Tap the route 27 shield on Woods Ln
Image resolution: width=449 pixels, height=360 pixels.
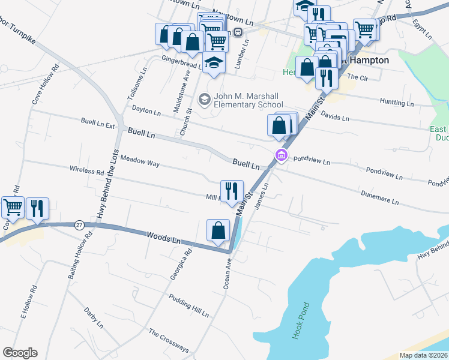point(79,225)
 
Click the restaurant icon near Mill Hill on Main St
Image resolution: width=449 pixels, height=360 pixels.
point(232,191)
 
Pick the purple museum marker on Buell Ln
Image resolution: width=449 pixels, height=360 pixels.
point(280,156)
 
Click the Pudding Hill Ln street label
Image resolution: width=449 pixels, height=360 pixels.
point(188,306)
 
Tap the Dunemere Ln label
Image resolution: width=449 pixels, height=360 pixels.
point(379,198)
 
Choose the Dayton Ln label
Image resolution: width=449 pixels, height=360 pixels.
point(146,112)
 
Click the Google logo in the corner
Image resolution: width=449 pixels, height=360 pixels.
point(20,353)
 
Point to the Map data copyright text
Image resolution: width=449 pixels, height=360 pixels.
point(423,355)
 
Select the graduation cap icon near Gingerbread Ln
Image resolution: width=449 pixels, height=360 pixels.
point(214,64)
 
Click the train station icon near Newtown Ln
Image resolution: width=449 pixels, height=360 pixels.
point(238,32)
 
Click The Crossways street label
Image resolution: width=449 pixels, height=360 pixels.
point(169,341)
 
